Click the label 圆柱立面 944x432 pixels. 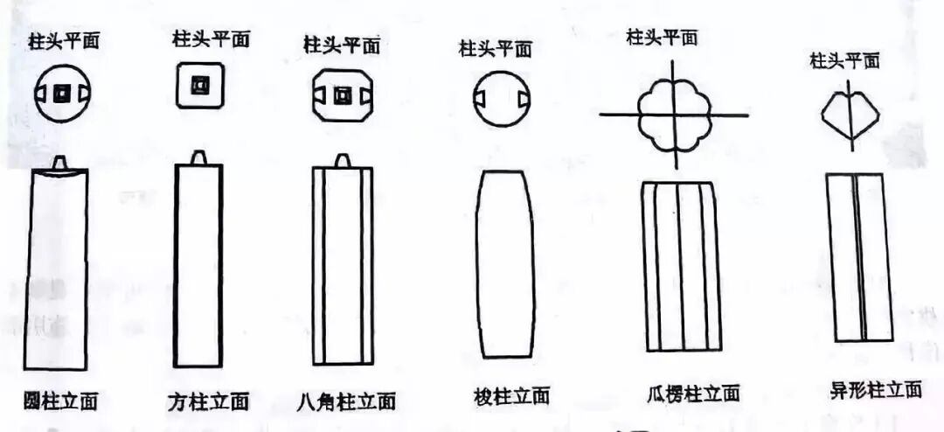pos(60,401)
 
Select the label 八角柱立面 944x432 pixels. pos(345,401)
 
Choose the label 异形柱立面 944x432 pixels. pos(875,390)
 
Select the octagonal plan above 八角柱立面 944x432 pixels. pos(342,94)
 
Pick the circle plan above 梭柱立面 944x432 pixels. pos(502,98)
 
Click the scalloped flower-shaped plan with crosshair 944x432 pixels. pos(672,115)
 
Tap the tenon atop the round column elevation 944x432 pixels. pos(60,163)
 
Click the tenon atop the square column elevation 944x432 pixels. pos(199,157)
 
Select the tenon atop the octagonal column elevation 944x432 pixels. pos(343,160)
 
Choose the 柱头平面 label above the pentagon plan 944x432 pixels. pos(844,60)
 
